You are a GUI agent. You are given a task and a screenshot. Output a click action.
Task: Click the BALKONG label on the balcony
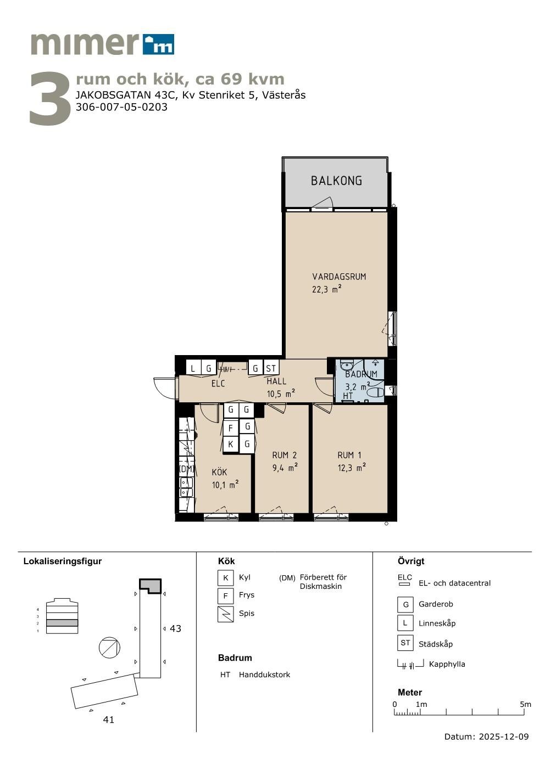(336, 181)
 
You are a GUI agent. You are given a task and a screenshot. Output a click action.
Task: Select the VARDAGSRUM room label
(339, 277)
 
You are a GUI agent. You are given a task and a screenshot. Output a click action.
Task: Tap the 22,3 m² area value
(326, 289)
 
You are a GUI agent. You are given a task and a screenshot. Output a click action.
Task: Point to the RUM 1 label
(349, 455)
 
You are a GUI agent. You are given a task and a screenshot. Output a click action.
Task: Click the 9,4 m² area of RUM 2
(285, 468)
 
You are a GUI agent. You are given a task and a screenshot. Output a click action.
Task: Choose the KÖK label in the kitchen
(219, 473)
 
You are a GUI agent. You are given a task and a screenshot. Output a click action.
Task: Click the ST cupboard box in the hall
(271, 368)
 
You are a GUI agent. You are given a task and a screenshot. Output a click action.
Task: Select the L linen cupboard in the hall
(193, 368)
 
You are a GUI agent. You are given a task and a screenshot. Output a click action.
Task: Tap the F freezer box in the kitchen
(231, 428)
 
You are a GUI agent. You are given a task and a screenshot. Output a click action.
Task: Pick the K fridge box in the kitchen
(231, 444)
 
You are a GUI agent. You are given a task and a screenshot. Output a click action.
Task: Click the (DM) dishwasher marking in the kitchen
(187, 468)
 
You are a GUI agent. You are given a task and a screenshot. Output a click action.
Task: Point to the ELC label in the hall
(218, 383)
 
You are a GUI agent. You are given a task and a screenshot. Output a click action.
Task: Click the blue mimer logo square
(158, 44)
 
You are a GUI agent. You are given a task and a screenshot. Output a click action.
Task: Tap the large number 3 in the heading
(50, 98)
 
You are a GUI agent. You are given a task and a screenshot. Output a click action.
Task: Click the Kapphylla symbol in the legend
(410, 664)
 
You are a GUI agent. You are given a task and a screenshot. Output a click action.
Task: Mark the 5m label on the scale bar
(525, 704)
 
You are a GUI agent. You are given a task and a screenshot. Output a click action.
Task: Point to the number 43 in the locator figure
(175, 628)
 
